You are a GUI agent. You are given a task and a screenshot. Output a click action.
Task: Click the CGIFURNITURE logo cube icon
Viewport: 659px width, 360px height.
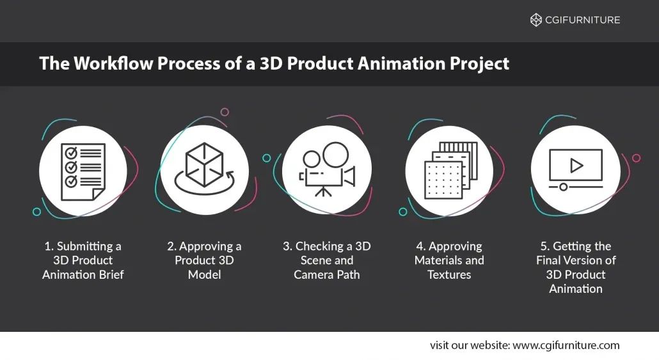click(x=536, y=20)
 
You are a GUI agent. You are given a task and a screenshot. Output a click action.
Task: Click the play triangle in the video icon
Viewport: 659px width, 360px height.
click(x=576, y=166)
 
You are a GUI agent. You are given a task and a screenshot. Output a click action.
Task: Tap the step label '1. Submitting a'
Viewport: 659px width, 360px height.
click(x=83, y=246)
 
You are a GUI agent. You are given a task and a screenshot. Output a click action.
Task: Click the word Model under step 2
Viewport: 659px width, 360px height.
click(x=204, y=274)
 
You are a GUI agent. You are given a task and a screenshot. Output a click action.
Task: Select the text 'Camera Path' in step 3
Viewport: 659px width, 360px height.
click(x=326, y=274)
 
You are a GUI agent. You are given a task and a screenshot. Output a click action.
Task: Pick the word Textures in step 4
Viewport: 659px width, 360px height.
click(x=449, y=274)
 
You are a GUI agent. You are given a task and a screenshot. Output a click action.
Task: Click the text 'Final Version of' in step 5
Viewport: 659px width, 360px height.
click(x=576, y=260)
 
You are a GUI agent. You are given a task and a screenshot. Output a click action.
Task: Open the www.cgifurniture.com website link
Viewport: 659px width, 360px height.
click(x=566, y=345)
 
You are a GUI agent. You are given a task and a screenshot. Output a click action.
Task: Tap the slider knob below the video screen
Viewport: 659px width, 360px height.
click(x=563, y=187)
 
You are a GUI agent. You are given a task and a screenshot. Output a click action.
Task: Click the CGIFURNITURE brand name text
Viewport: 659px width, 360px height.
click(x=582, y=20)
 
